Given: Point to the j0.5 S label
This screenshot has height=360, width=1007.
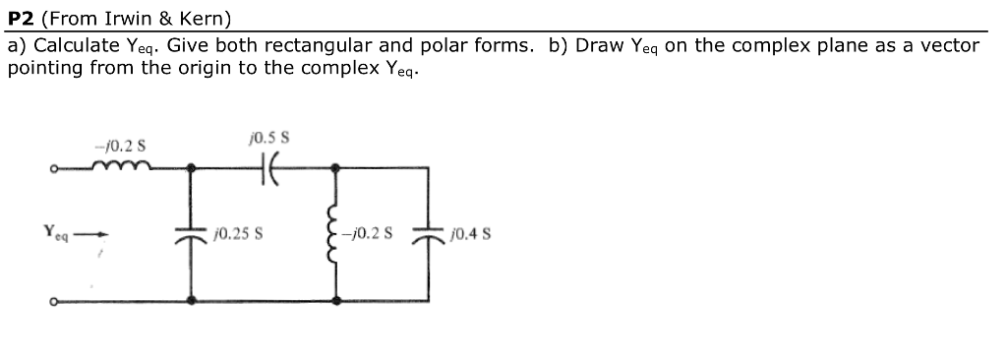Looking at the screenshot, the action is tap(268, 138).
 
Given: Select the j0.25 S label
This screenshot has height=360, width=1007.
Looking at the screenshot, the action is tap(235, 236).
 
